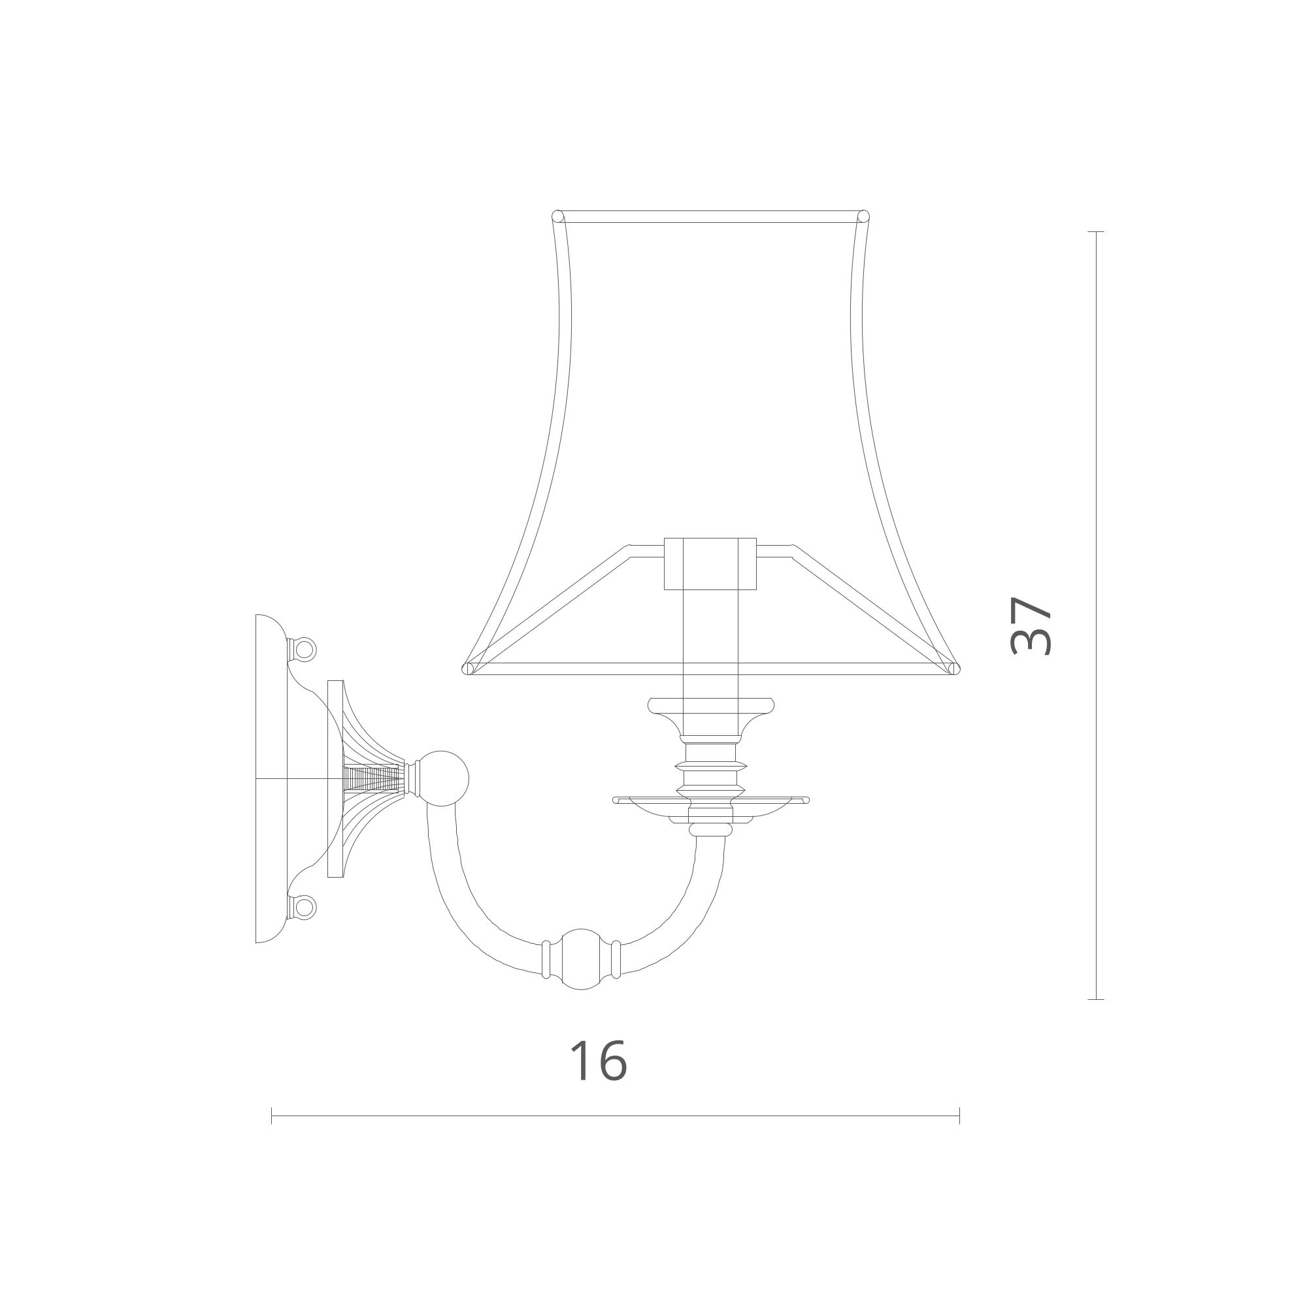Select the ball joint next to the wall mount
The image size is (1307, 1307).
point(443,779)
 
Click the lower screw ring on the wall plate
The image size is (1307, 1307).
point(305,906)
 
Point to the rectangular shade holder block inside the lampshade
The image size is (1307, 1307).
point(710,564)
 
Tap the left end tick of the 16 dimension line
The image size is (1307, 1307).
point(271,1116)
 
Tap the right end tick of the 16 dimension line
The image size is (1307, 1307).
point(959,1116)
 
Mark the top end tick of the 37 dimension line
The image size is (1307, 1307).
point(1096,231)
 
